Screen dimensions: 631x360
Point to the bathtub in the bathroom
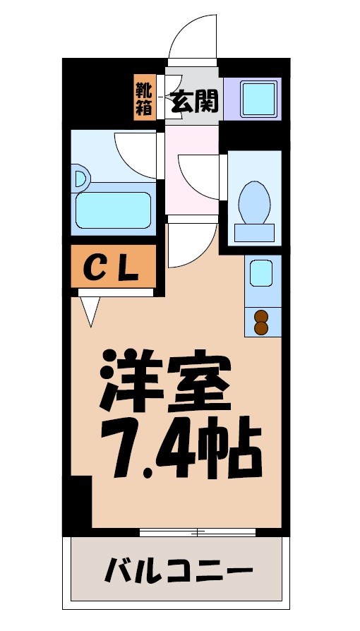(113, 208)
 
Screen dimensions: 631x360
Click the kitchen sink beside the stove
(261, 273)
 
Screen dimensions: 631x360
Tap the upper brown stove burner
(260, 316)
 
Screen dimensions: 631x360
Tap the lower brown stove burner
(260, 328)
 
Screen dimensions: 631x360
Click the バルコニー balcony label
(179, 570)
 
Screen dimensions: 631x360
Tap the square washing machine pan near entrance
(259, 100)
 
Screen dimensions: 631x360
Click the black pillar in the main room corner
(80, 503)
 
